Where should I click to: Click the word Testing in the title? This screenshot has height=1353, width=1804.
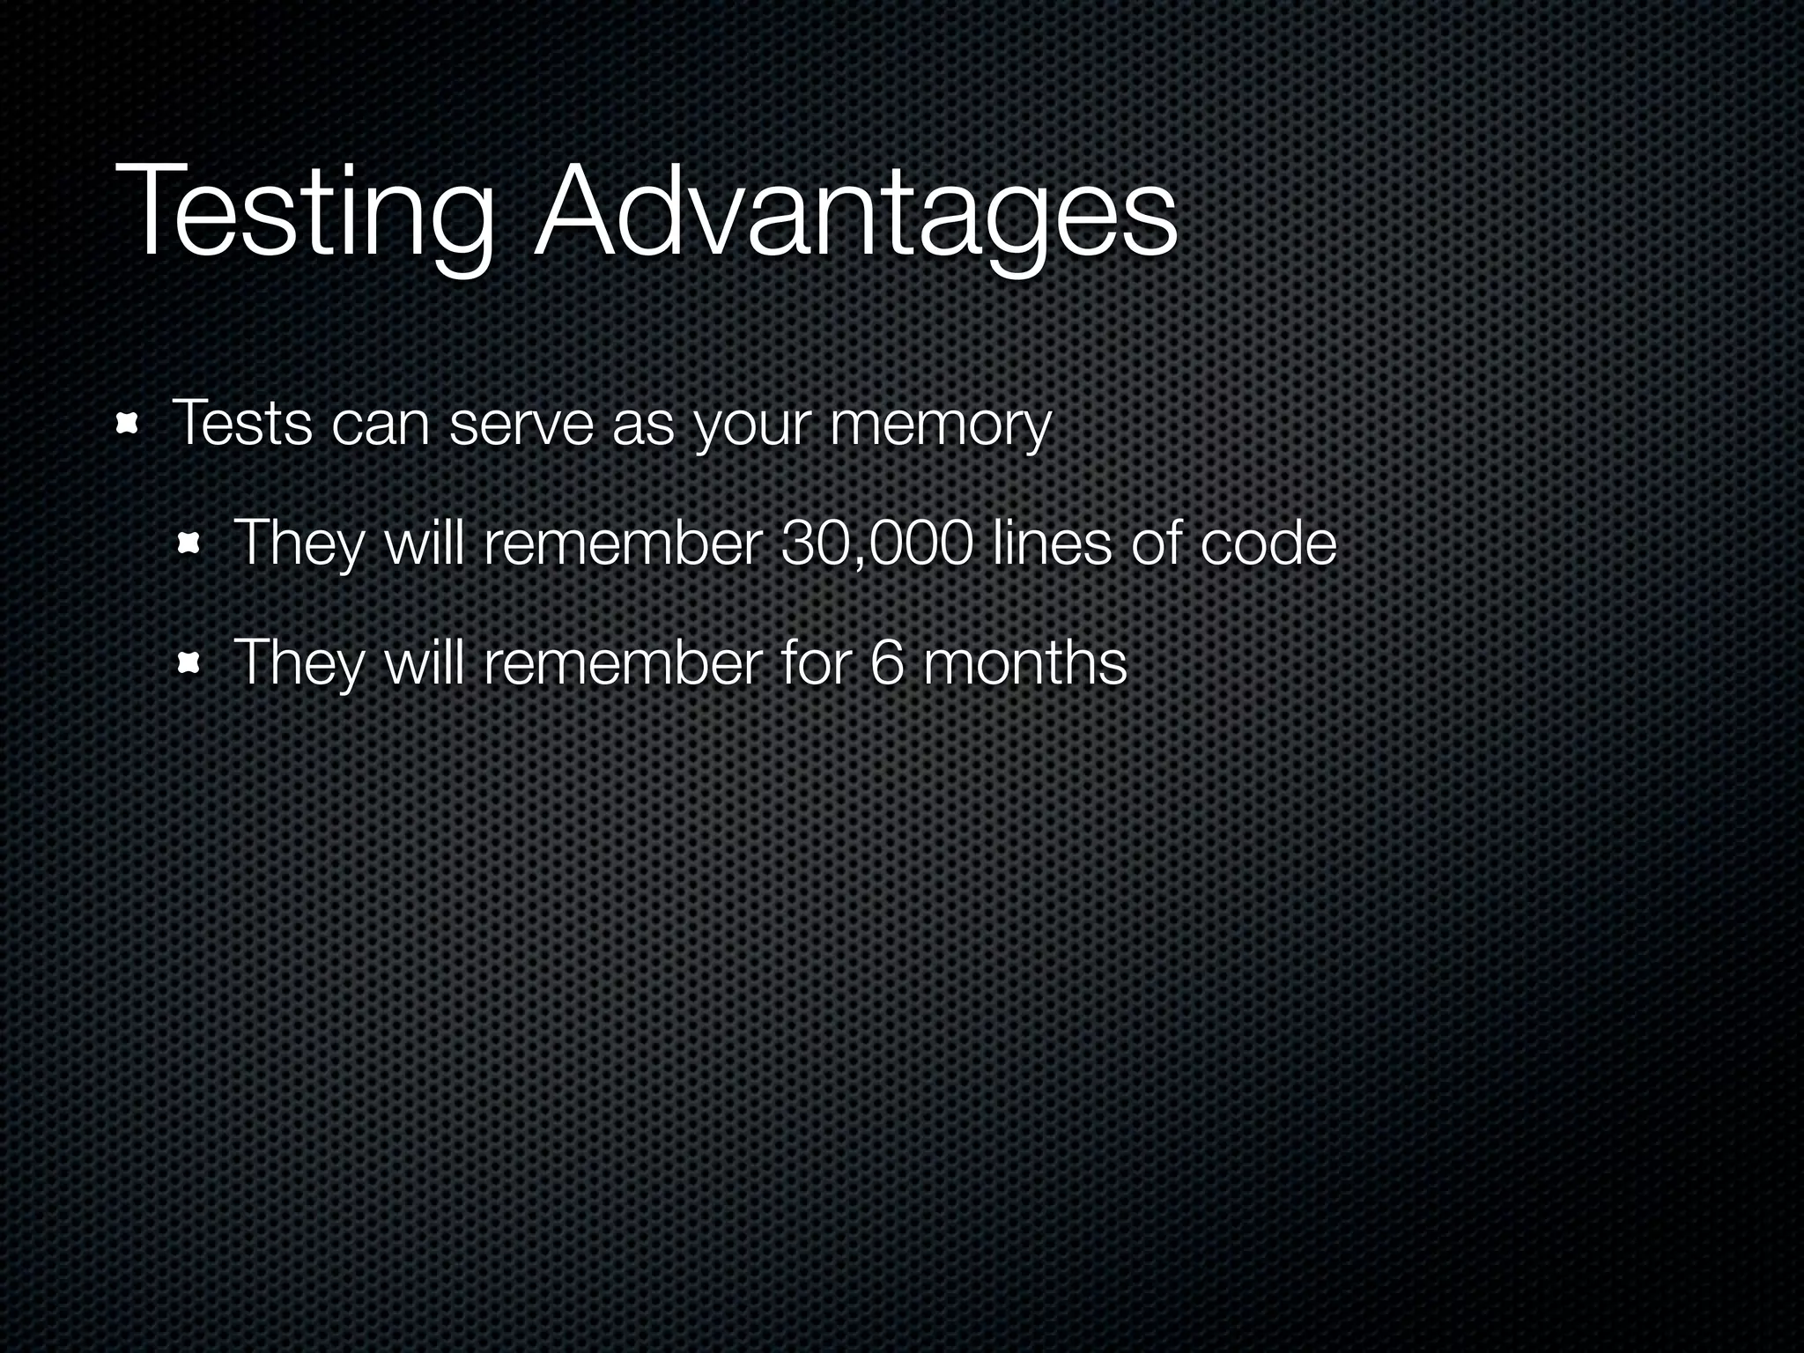[x=304, y=216]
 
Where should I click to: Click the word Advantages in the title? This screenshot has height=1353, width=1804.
[x=854, y=216]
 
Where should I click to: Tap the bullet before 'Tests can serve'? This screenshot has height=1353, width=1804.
[x=129, y=425]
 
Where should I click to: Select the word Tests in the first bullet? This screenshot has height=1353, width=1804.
[x=241, y=424]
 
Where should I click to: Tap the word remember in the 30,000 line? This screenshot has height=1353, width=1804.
[x=621, y=543]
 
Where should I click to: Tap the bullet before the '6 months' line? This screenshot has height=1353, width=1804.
[x=189, y=664]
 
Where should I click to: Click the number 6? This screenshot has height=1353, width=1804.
[x=886, y=662]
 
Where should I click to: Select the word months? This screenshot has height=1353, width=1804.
[x=1024, y=662]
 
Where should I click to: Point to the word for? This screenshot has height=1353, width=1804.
[x=816, y=662]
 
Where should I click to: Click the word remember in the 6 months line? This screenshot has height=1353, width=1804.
[x=621, y=662]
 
